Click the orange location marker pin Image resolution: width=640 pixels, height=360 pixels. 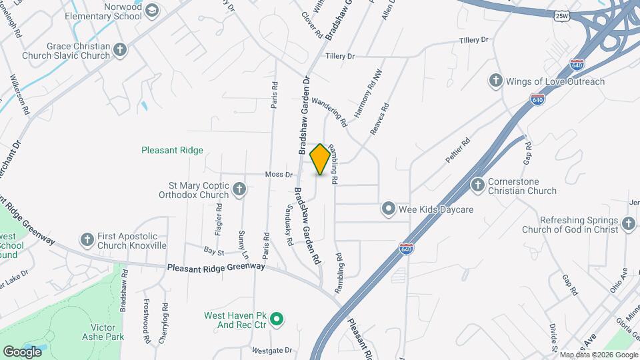tap(320, 159)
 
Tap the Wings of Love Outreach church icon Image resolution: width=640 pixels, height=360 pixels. tap(495, 81)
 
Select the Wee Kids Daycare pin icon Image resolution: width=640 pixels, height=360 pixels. tap(388, 209)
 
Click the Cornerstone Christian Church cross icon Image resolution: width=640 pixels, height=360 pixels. tap(477, 185)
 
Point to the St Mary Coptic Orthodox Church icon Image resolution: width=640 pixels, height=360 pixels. tap(239, 191)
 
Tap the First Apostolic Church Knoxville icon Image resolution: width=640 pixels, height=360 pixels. tap(87, 239)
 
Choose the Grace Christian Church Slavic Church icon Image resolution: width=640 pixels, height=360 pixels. tap(119, 50)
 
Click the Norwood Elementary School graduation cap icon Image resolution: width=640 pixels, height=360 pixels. tap(152, 10)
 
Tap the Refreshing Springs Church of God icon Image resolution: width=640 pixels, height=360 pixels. tap(628, 224)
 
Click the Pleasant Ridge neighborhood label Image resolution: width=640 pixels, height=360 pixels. tap(172, 151)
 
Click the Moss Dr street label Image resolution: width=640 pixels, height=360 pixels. tap(279, 175)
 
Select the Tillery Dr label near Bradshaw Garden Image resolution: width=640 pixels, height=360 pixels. tap(340, 57)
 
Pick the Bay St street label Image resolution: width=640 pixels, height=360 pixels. tap(213, 251)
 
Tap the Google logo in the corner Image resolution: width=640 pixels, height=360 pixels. tap(22, 351)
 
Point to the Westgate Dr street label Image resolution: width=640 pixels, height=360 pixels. tap(272, 350)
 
